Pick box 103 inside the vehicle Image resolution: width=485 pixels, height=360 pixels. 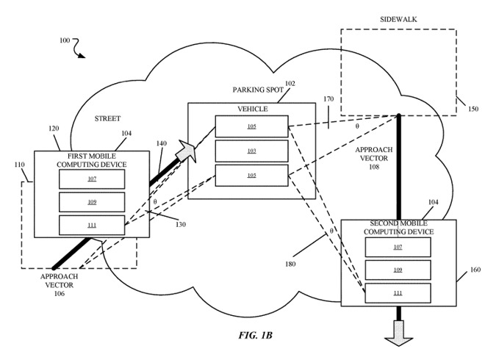click(x=251, y=151)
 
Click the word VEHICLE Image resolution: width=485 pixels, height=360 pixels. click(x=252, y=109)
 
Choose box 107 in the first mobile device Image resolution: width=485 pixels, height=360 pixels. click(x=92, y=179)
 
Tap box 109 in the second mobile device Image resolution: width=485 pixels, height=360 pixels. click(x=398, y=270)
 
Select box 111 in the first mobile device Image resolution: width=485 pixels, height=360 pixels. click(x=92, y=225)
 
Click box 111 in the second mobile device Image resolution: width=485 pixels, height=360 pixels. click(x=398, y=293)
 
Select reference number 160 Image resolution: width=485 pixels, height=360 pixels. click(x=474, y=270)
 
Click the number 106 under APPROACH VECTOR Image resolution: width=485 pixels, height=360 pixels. click(x=59, y=294)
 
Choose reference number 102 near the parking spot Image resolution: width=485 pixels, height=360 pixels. click(x=290, y=84)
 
